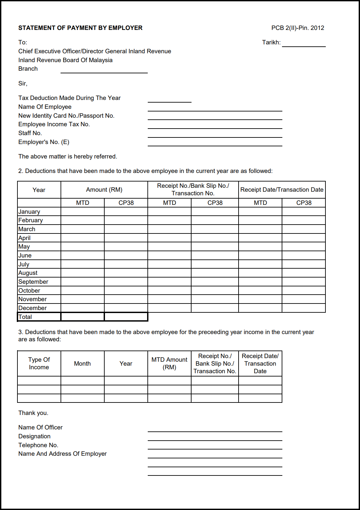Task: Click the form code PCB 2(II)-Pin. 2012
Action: point(297,28)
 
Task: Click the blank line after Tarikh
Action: point(303,44)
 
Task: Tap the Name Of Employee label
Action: point(45,107)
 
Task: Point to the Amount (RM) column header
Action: point(104,190)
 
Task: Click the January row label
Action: point(29,212)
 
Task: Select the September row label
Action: point(33,282)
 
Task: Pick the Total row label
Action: point(25,317)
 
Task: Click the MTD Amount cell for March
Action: point(83,229)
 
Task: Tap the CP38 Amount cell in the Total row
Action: point(126,317)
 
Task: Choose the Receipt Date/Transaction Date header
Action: point(282,190)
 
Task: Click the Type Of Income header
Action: point(39,363)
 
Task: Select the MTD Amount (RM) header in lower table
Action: point(169,363)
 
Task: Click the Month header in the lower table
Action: point(82,364)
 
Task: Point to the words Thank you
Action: point(33,413)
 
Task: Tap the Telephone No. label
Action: point(38,445)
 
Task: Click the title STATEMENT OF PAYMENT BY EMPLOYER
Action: point(80,28)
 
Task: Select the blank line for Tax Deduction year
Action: point(169,99)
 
